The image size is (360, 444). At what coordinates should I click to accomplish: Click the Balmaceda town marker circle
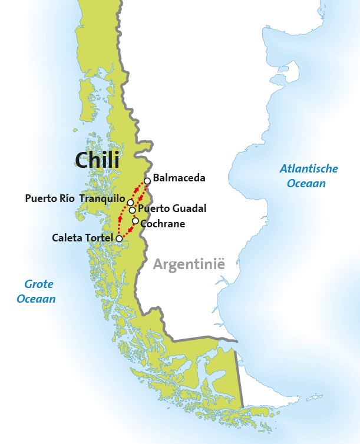(147, 181)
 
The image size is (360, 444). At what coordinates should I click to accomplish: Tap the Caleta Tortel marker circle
(120, 238)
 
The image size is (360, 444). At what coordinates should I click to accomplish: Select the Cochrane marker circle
(136, 221)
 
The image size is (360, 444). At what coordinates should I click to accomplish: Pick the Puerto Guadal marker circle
(133, 210)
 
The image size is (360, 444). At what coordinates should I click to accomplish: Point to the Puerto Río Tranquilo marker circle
(130, 203)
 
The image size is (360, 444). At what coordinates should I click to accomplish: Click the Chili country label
(97, 160)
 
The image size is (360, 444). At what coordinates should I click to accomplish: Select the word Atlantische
(309, 169)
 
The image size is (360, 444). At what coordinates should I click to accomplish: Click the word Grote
(39, 284)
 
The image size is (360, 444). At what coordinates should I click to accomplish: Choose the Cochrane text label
(163, 224)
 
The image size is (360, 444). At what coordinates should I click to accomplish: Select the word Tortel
(98, 238)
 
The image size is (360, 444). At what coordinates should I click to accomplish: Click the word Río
(66, 198)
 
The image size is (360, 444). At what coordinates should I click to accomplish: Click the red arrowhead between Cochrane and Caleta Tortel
(129, 230)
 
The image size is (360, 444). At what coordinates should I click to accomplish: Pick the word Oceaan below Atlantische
(306, 183)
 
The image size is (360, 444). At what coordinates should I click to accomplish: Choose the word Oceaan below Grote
(37, 299)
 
